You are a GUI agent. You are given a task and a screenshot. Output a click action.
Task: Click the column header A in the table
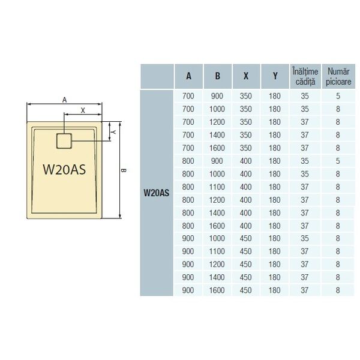(189, 76)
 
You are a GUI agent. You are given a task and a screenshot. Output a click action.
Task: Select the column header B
(217, 76)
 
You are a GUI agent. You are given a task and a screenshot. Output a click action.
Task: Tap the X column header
(246, 76)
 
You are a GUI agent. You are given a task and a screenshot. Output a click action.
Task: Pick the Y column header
(275, 76)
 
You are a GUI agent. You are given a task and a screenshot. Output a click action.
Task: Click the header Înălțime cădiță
(305, 76)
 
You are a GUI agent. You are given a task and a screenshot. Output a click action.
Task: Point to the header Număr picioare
(338, 76)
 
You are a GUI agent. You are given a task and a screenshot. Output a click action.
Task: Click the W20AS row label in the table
(157, 193)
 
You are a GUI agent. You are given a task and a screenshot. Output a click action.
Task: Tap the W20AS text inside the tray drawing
(64, 169)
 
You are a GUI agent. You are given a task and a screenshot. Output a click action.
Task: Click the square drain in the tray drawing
(64, 141)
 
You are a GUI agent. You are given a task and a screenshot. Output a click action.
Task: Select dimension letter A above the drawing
(65, 100)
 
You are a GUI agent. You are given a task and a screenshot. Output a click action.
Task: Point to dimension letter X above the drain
(83, 110)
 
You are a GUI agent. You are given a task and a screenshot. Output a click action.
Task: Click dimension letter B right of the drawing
(124, 170)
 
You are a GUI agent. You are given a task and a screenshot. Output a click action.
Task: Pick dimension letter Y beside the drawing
(113, 132)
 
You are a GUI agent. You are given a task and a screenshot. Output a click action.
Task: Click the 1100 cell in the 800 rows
(217, 187)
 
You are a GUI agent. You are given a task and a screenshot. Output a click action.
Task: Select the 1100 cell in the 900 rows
(217, 251)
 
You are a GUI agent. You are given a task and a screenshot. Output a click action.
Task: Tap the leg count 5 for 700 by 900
(338, 96)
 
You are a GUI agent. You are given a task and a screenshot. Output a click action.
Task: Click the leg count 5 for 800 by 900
(338, 161)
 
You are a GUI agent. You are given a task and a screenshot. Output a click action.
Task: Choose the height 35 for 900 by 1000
(305, 238)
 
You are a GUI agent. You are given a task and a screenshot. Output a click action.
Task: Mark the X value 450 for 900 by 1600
(245, 290)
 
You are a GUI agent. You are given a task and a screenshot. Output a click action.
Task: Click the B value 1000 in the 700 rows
(217, 109)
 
